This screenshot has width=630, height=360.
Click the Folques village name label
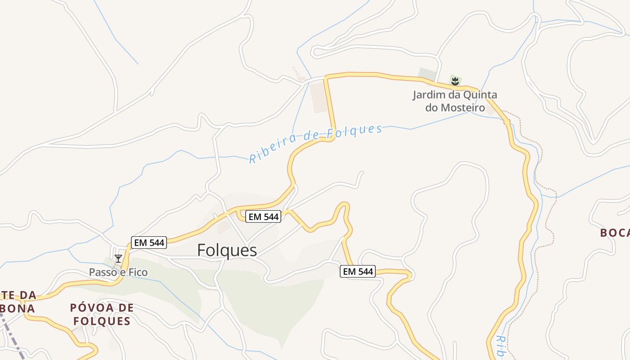click(x=227, y=251)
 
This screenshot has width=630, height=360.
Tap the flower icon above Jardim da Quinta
click(x=455, y=81)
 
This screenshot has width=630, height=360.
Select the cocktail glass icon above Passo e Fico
click(x=118, y=258)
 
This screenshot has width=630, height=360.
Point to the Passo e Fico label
click(x=118, y=272)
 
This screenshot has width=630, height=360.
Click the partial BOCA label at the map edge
click(x=615, y=233)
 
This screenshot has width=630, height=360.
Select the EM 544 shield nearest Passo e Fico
click(x=149, y=243)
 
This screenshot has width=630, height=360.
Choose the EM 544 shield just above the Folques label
click(x=264, y=216)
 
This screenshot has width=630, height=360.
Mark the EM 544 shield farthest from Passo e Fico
click(x=358, y=271)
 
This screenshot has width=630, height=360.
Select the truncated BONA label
click(x=18, y=309)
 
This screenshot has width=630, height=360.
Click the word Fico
click(x=138, y=272)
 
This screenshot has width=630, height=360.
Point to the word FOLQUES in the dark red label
click(x=102, y=321)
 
